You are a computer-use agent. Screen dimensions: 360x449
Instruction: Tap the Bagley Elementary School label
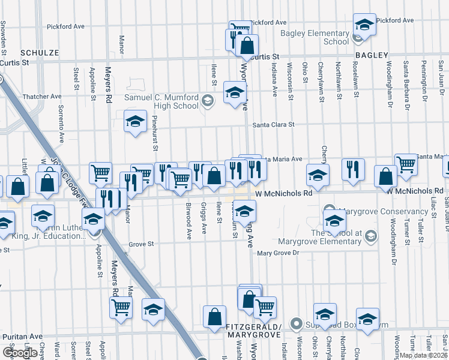(x=323, y=37)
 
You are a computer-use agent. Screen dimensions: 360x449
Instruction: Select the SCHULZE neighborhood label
(x=40, y=53)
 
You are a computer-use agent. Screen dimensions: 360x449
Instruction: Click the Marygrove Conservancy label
(x=383, y=211)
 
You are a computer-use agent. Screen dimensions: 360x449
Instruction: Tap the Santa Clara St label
(x=274, y=125)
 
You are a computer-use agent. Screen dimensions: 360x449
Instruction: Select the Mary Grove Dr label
(x=278, y=253)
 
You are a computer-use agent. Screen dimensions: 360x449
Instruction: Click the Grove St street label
(x=142, y=244)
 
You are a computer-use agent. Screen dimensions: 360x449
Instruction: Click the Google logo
(x=20, y=353)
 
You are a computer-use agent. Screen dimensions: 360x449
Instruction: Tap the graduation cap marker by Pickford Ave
(x=364, y=24)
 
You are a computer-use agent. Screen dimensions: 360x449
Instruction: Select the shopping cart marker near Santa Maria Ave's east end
(x=406, y=163)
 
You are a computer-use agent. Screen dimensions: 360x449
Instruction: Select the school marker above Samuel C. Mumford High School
(x=234, y=92)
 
